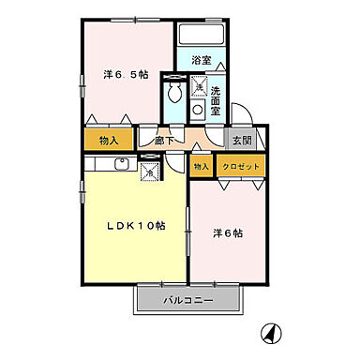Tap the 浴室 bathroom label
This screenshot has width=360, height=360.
[x=202, y=60]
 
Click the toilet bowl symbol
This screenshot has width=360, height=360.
[x=173, y=95]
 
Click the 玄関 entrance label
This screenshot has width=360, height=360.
[x=243, y=141]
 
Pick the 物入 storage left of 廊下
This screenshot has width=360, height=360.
[x=107, y=141]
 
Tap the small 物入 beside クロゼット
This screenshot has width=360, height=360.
[x=201, y=167]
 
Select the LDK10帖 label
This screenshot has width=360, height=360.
[x=135, y=226]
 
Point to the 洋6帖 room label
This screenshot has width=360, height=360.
[x=229, y=233]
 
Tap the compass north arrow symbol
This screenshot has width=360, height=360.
[x=272, y=332]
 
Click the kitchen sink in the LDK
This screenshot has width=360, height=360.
[x=121, y=166]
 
